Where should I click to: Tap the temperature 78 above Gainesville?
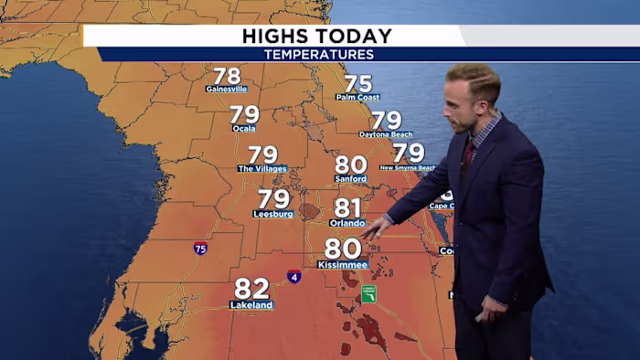point(227,76)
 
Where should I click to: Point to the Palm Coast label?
point(357,97)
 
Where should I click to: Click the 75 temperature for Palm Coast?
point(357,83)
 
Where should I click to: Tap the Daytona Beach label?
point(386,134)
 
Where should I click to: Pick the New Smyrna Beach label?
point(408,167)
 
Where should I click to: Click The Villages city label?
point(262,169)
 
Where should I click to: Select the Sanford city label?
point(350,179)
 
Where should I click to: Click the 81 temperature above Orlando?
point(347,208)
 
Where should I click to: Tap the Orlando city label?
point(347,222)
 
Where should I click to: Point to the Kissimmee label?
point(343,265)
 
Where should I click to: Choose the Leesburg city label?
point(272,214)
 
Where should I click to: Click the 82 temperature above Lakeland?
point(251,289)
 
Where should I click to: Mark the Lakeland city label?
point(251,305)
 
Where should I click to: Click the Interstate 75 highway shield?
point(200,248)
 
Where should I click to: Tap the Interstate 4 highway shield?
point(293,276)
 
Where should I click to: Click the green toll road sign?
point(368,293)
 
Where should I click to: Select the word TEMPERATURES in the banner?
point(319,55)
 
